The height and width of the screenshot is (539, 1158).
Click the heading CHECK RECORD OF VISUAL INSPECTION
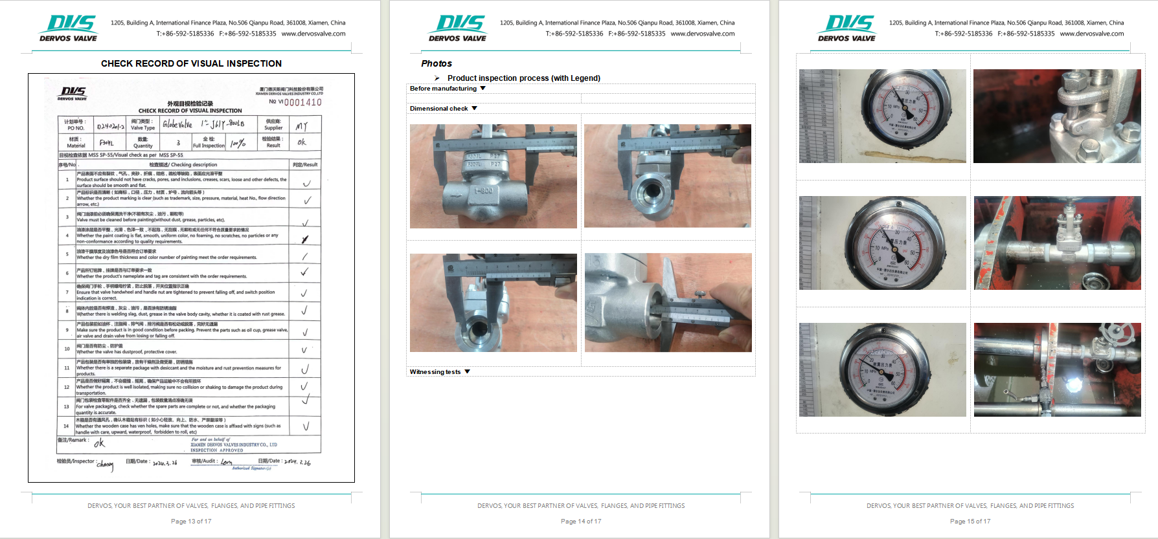[191, 63]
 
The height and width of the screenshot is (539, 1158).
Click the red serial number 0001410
[303, 102]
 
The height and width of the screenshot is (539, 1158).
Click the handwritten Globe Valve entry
[177, 124]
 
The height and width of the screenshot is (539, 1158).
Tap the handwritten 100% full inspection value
[238, 143]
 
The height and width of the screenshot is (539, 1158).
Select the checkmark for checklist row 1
[306, 183]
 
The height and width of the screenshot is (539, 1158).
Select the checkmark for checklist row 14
[306, 426]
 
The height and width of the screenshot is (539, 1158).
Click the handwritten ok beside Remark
[99, 443]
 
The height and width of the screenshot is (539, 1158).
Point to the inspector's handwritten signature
[105, 464]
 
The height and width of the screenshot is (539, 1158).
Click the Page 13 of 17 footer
[191, 521]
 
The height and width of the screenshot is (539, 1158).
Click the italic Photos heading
[437, 63]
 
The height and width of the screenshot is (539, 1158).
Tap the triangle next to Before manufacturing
[482, 88]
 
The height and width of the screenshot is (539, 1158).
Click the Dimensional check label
[438, 109]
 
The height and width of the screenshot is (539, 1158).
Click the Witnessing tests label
[435, 372]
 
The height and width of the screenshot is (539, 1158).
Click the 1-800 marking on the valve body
[483, 191]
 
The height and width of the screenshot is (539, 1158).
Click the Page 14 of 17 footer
[581, 521]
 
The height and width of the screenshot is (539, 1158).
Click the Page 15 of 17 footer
[970, 521]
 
